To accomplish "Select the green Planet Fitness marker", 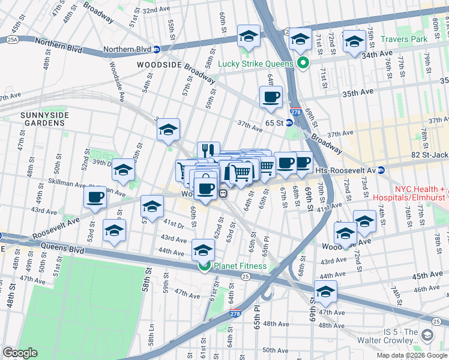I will click(204, 266).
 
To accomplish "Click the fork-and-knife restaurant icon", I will click(208, 150).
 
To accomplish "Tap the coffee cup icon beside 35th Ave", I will click(270, 97).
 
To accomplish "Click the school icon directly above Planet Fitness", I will click(203, 249).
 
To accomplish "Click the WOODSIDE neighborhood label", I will click(158, 65).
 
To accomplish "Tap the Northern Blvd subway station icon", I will click(156, 50).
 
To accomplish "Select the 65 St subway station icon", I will click(289, 123).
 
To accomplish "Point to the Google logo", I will click(20, 353).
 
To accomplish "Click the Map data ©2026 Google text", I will click(412, 355).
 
